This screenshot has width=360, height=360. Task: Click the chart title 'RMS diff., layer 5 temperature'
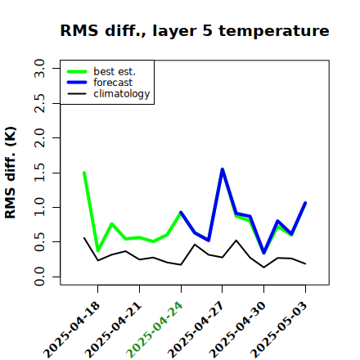tap(195, 30)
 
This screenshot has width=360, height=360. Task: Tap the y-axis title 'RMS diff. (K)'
tap(11, 173)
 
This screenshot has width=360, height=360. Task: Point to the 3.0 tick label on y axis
tap(39, 68)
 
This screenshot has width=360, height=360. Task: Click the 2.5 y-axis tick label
tap(39, 103)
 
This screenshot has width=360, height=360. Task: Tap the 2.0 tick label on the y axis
tap(39, 138)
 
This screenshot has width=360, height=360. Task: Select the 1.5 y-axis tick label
tap(39, 173)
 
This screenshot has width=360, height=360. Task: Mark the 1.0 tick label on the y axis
tap(39, 207)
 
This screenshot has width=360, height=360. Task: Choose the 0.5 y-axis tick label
tap(39, 242)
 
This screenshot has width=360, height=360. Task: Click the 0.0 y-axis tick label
tap(39, 277)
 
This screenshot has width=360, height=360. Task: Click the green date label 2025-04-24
tap(155, 330)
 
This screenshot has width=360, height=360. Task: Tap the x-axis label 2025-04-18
tap(72, 330)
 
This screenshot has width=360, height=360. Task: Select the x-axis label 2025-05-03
tap(279, 330)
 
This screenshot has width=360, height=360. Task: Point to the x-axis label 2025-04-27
tap(196, 330)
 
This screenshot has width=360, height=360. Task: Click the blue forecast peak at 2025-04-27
tap(223, 169)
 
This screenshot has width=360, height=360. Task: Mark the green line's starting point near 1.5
tap(84, 173)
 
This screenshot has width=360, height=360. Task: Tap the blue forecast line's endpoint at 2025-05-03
tap(305, 203)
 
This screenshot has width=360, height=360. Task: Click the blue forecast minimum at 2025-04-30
tap(264, 253)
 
